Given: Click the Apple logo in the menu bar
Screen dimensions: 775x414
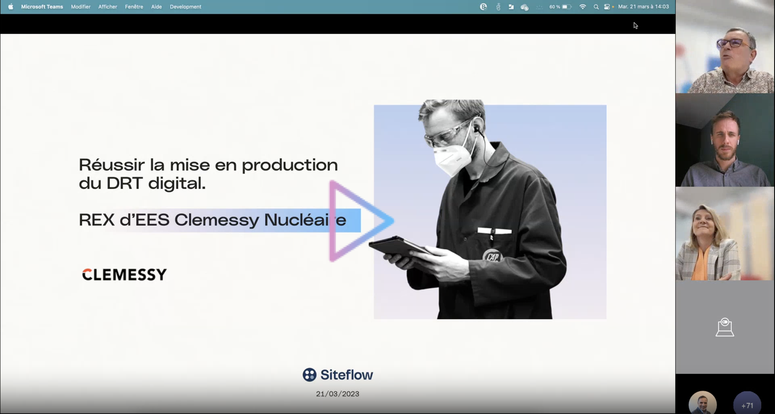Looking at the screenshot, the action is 11,7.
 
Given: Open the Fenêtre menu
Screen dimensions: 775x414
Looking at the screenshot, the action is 134,7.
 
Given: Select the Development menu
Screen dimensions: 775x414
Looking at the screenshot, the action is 185,7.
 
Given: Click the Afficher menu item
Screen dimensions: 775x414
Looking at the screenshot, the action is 108,7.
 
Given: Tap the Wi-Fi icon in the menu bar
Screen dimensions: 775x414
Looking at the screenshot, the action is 583,7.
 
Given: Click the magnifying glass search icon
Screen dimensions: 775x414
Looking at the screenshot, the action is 596,7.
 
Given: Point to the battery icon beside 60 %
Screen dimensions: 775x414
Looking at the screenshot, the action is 567,7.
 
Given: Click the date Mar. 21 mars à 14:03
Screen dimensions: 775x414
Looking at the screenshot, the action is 643,7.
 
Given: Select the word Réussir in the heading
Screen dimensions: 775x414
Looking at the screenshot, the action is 112,165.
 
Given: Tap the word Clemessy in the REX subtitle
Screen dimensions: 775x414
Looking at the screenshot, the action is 217,220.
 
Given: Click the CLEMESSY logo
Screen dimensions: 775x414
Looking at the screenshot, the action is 124,274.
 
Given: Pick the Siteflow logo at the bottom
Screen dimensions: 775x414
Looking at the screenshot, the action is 338,375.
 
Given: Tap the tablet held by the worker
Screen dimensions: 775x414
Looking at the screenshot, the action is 397,247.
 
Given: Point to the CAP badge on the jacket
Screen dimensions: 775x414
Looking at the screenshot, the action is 493,256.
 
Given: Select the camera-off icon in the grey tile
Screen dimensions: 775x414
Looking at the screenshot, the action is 725,327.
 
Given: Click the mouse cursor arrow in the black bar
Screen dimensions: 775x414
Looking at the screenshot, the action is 635,25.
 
